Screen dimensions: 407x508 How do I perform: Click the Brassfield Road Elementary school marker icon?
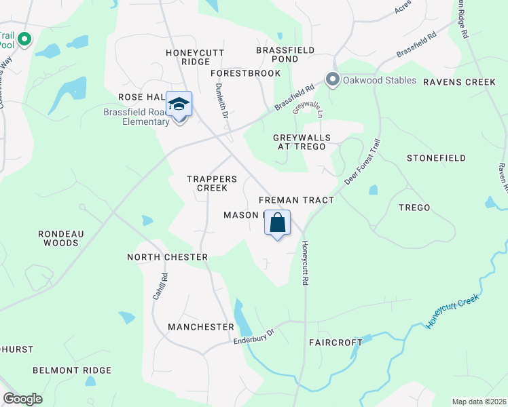(x=179, y=105)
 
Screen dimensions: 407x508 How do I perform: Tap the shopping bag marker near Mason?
(x=277, y=223)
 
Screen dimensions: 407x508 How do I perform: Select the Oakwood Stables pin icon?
(x=332, y=80)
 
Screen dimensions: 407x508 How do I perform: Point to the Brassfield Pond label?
(x=285, y=54)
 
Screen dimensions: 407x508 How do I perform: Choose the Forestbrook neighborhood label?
(x=245, y=73)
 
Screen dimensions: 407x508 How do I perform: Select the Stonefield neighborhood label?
(x=436, y=158)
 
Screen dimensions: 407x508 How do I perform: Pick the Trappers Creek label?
(x=212, y=183)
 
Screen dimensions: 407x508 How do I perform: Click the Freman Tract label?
(x=296, y=200)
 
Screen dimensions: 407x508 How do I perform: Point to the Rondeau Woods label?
(x=60, y=237)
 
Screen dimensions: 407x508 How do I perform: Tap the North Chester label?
(x=167, y=257)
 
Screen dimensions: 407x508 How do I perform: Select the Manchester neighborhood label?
(x=200, y=327)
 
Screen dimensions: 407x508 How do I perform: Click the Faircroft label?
(x=335, y=343)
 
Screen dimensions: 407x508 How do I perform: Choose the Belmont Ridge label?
(x=72, y=370)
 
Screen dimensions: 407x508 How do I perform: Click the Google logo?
(x=22, y=399)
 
